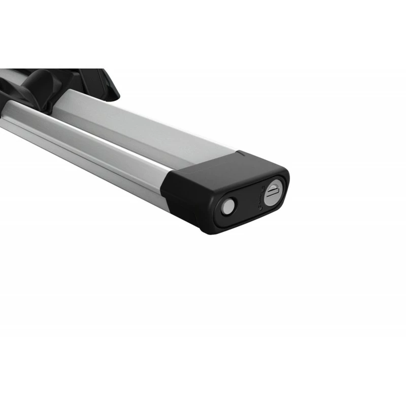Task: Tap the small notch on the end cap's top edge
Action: pos(241,153)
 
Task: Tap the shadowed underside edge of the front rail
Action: pos(101,167)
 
